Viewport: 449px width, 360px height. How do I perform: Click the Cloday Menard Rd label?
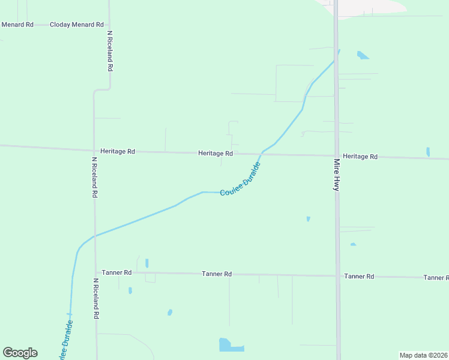coord(77,25)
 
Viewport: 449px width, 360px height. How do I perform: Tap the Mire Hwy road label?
coord(336,175)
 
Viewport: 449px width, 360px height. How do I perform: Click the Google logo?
coord(20,353)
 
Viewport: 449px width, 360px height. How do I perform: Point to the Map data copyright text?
coord(423,355)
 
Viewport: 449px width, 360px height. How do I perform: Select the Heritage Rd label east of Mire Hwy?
coord(360,157)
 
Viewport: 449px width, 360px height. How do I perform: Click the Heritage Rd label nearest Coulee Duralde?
coord(215,154)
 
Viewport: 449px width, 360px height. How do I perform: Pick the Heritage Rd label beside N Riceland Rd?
coord(118,152)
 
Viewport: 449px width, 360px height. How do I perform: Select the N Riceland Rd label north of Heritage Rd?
coord(110,51)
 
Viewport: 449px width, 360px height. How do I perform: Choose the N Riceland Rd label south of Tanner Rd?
coord(96,298)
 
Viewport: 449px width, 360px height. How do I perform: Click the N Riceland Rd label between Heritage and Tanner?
coord(94,178)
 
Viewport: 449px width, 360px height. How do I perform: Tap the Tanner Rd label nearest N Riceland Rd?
coord(116,272)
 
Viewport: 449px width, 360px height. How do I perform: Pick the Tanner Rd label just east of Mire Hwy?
coord(359,277)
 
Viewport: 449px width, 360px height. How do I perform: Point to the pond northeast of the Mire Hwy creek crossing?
coord(363,56)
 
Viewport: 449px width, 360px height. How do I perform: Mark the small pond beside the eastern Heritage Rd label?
coord(428,152)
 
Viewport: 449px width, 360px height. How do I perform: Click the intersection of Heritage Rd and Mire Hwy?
coord(337,156)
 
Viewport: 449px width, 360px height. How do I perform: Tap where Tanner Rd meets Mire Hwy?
coord(337,276)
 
